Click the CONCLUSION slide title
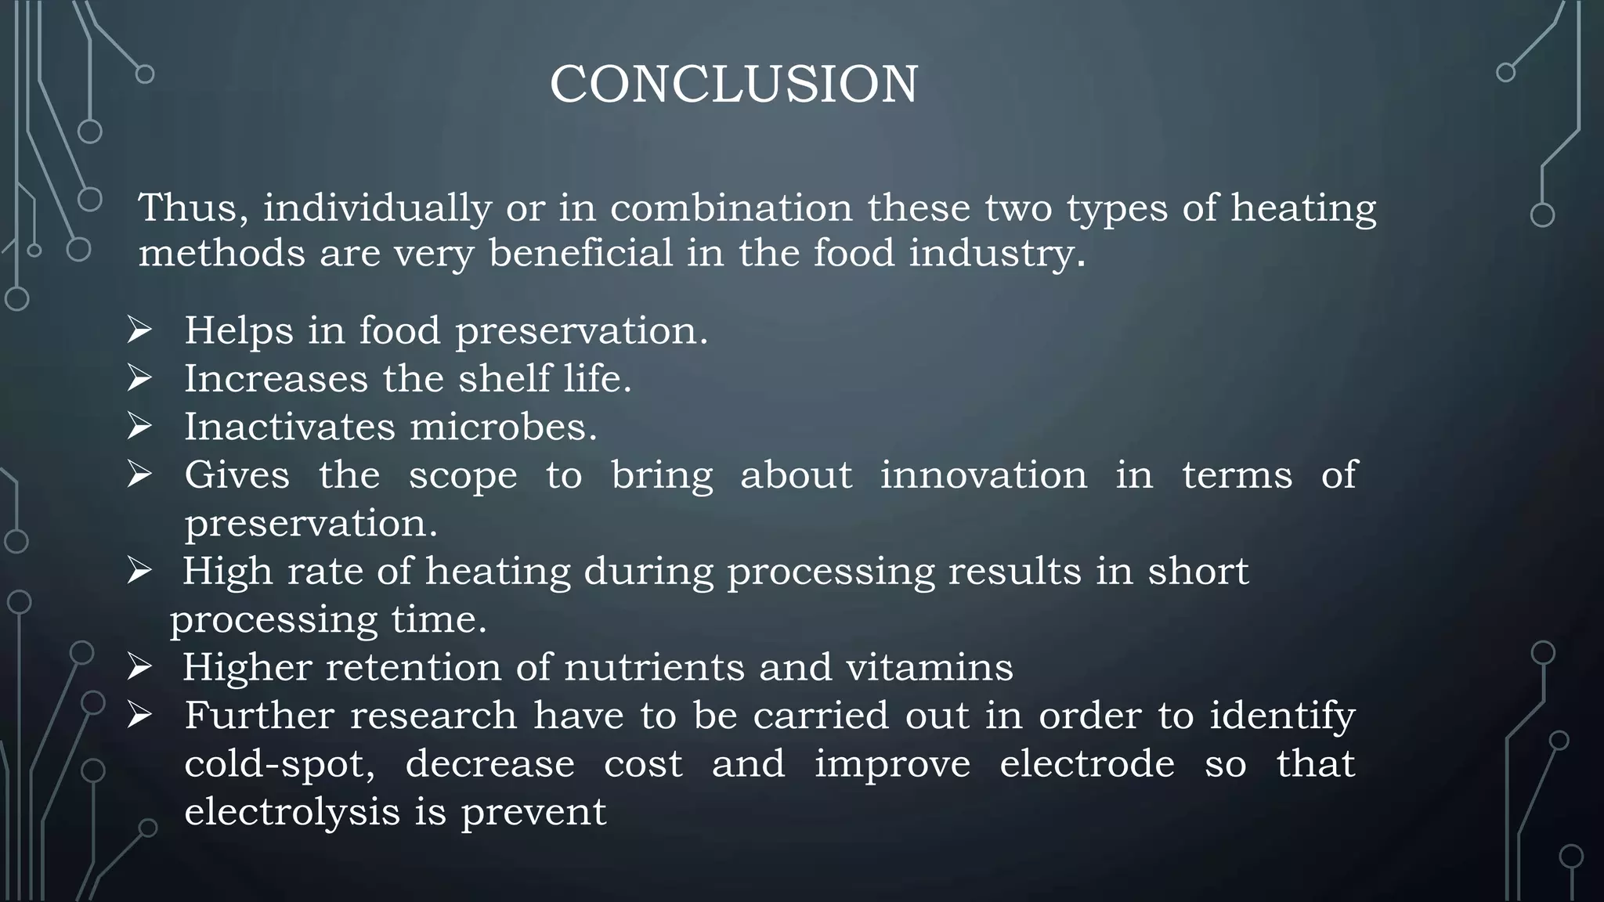pos(734,84)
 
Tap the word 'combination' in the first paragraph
pos(731,208)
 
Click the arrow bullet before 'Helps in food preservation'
pos(139,330)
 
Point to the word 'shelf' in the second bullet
pos(504,379)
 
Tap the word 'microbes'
pos(502,428)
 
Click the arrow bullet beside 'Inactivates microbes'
pos(139,427)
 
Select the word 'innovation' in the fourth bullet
pos(984,475)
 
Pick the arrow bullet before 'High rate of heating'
pos(139,572)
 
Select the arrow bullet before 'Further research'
pos(139,716)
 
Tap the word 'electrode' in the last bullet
pos(1087,764)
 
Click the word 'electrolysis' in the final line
pos(292,812)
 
